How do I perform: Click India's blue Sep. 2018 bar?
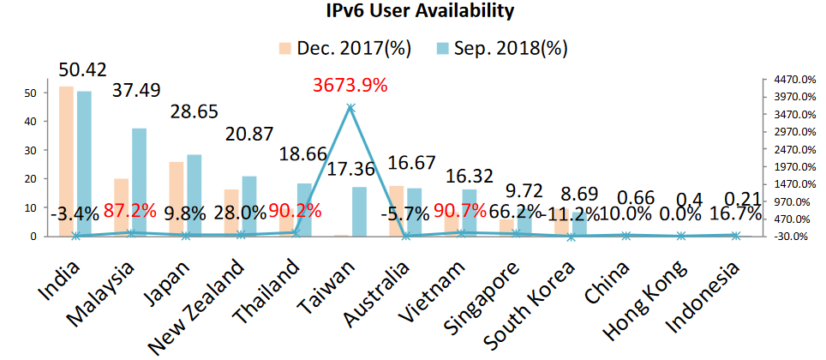click(x=84, y=163)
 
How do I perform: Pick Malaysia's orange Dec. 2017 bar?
click(x=122, y=207)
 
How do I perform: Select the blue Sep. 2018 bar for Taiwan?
click(x=359, y=211)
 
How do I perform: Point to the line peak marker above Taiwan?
click(x=350, y=108)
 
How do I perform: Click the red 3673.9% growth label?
click(x=350, y=86)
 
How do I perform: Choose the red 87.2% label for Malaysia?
click(x=130, y=211)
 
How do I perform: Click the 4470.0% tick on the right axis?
click(x=793, y=79)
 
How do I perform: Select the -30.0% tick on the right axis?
click(x=793, y=237)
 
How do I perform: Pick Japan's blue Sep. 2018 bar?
click(x=194, y=195)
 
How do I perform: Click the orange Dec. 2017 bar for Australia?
click(x=396, y=210)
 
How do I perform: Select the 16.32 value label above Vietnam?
click(x=472, y=176)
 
